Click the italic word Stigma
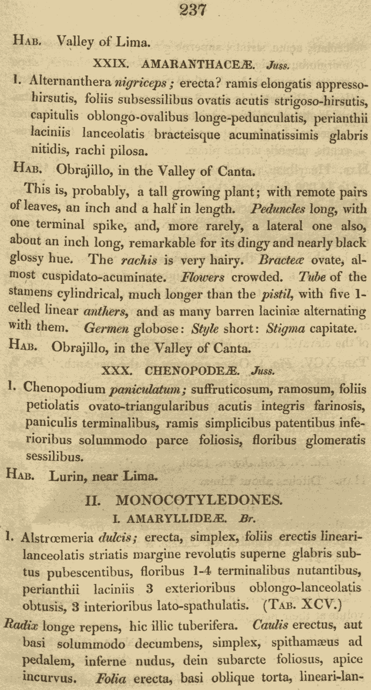click(x=285, y=329)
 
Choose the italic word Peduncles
click(x=277, y=209)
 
